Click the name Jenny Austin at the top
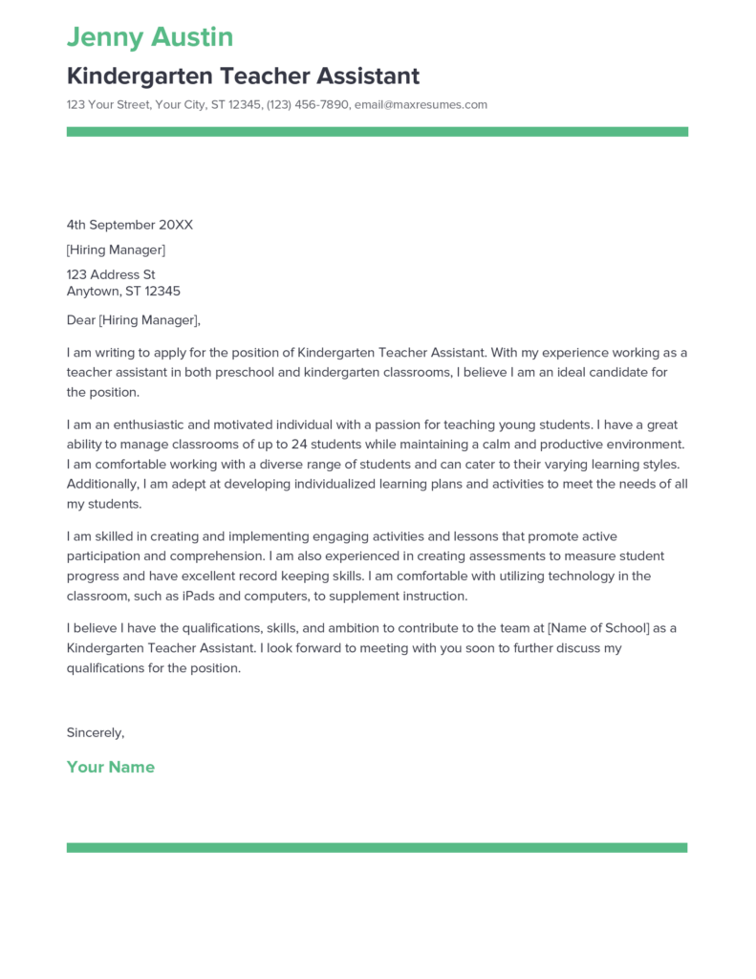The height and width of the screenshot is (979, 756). (150, 37)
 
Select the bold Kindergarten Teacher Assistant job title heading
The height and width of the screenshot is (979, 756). (243, 76)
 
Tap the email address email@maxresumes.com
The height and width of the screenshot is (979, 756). (421, 104)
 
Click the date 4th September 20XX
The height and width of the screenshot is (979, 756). (130, 225)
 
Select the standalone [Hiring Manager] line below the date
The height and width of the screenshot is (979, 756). (116, 250)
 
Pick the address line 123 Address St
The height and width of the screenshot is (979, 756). (111, 274)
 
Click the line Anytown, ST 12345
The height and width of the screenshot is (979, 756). (123, 291)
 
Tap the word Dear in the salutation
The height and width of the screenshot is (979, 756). (81, 320)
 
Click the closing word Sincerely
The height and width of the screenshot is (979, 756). (95, 732)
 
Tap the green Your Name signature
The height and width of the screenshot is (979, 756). (111, 767)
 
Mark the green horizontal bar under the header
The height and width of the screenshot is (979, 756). (378, 132)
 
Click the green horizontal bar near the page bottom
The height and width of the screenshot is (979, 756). (378, 847)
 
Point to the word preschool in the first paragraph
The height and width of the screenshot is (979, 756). (232, 372)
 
